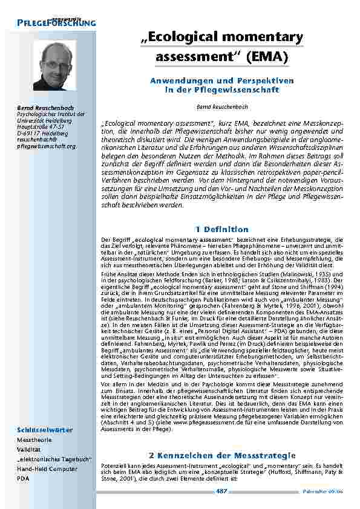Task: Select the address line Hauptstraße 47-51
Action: click(41, 127)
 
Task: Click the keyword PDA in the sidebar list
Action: click(25, 478)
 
